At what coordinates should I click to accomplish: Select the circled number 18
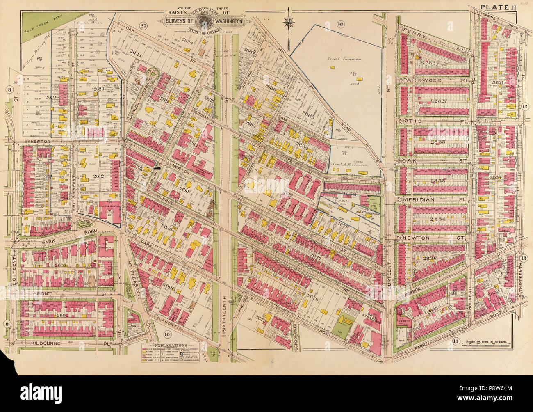click(x=340, y=23)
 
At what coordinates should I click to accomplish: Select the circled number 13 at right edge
click(x=523, y=259)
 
